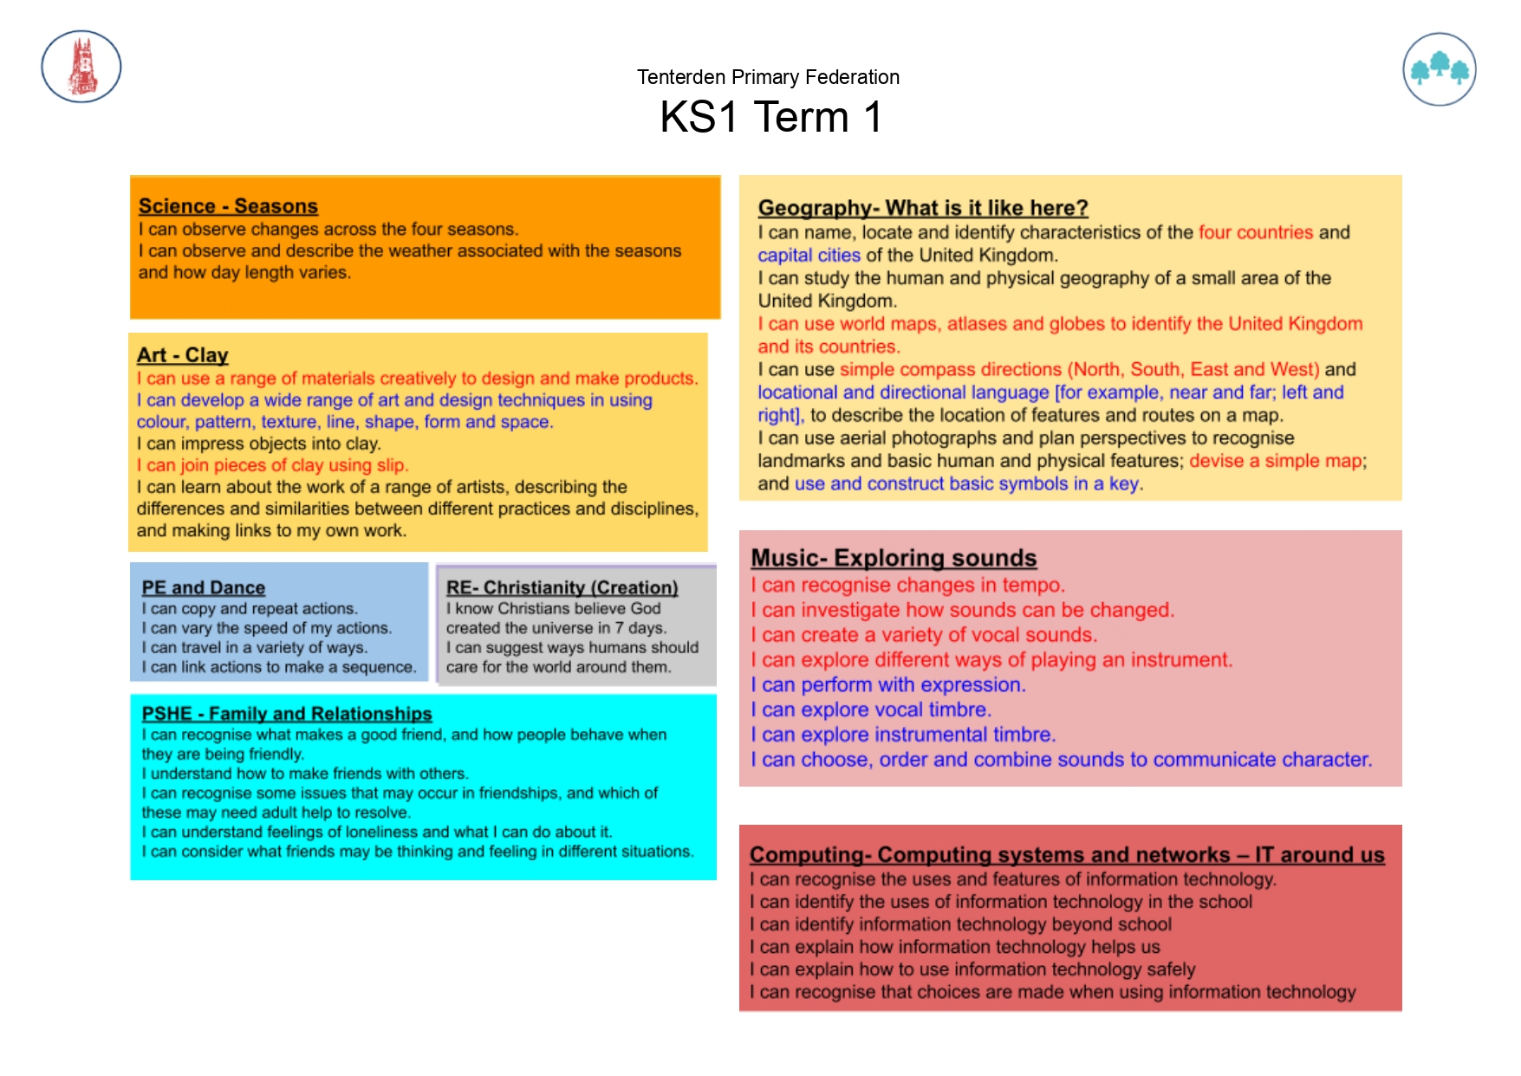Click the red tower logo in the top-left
coord(81,67)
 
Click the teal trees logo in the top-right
coord(1439,69)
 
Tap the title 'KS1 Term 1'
coord(770,117)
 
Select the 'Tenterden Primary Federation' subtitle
coord(768,77)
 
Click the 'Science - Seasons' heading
coord(228,206)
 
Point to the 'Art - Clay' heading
coord(182,355)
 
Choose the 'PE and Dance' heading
coord(203,587)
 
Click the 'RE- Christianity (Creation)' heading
coord(562,587)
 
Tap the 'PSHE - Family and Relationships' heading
coord(286,713)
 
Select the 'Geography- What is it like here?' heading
coord(922,208)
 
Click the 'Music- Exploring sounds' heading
coord(893,558)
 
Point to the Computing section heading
coord(1066,855)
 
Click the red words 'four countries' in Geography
coord(1256,232)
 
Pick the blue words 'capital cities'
coord(809,256)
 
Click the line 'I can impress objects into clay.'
coord(258,444)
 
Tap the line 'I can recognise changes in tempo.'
coord(907,585)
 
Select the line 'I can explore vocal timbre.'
coord(870,710)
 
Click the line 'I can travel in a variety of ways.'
coord(254,647)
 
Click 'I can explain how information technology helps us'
coord(954,947)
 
